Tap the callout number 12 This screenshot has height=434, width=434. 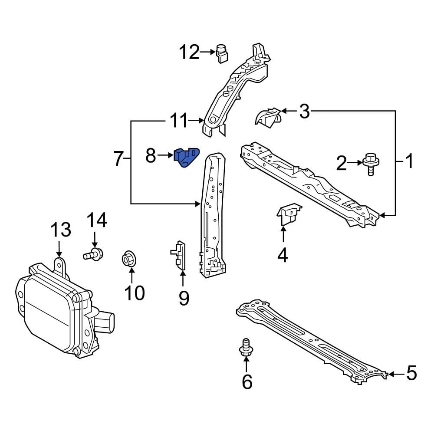pos(189,53)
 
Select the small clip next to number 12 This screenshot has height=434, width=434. pos(222,53)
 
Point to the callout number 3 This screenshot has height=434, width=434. pos(305,112)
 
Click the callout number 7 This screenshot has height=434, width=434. pos(118,159)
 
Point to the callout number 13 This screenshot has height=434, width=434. pos(61,230)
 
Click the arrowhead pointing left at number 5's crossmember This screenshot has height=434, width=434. pos(390,374)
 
